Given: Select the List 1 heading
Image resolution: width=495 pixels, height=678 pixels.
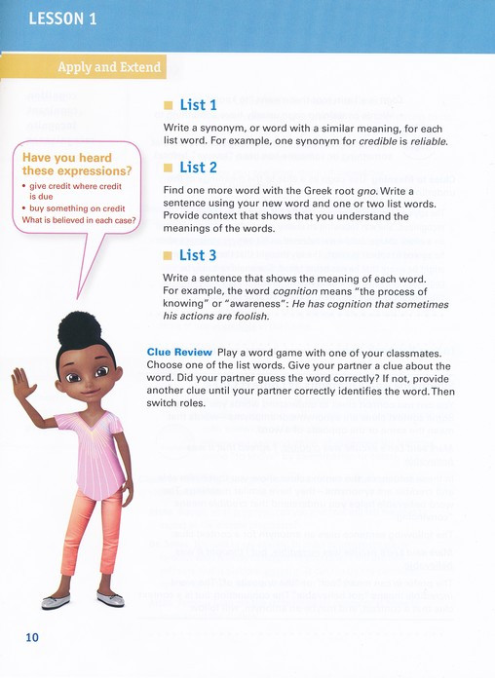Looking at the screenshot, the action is (x=198, y=104).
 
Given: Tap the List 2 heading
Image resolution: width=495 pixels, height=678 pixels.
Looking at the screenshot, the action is (x=198, y=168).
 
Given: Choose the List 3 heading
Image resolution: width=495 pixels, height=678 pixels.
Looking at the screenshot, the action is (x=198, y=256).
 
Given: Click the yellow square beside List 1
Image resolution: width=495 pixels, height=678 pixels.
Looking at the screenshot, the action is (x=168, y=105).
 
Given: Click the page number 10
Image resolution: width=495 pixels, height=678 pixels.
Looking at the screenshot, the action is (x=31, y=637).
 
